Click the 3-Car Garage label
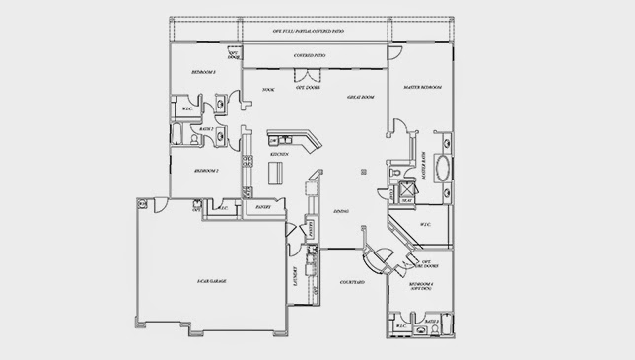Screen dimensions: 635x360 click(x=211, y=282)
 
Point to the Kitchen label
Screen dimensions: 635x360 click(x=279, y=155)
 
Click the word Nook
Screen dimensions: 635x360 click(x=267, y=90)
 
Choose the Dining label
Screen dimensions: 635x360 click(x=340, y=211)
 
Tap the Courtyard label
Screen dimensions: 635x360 click(x=353, y=282)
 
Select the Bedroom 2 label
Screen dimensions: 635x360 click(x=205, y=170)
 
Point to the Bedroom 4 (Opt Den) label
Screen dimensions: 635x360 click(x=422, y=285)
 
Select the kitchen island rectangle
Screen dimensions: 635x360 click(x=278, y=174)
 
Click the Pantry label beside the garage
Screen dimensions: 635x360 click(x=264, y=208)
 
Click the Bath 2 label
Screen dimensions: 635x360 click(x=206, y=129)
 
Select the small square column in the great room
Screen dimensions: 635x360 click(x=363, y=172)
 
